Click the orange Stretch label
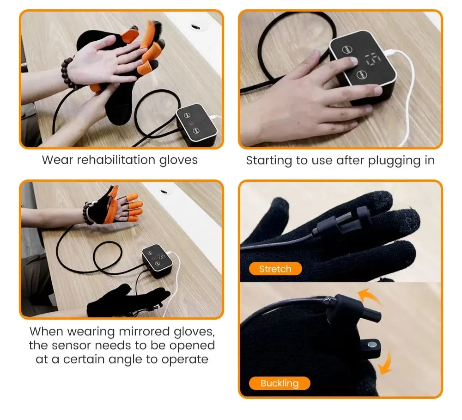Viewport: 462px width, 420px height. [275, 269]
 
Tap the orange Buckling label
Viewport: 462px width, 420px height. [280, 383]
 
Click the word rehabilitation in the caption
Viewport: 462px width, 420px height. [116, 160]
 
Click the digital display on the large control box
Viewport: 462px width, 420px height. [373, 59]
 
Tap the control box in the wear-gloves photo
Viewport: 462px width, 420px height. [196, 124]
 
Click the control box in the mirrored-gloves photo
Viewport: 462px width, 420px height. [157, 261]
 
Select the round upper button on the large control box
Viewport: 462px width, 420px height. [347, 49]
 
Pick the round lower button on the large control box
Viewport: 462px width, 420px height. [362, 74]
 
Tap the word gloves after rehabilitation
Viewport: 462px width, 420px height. [178, 161]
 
